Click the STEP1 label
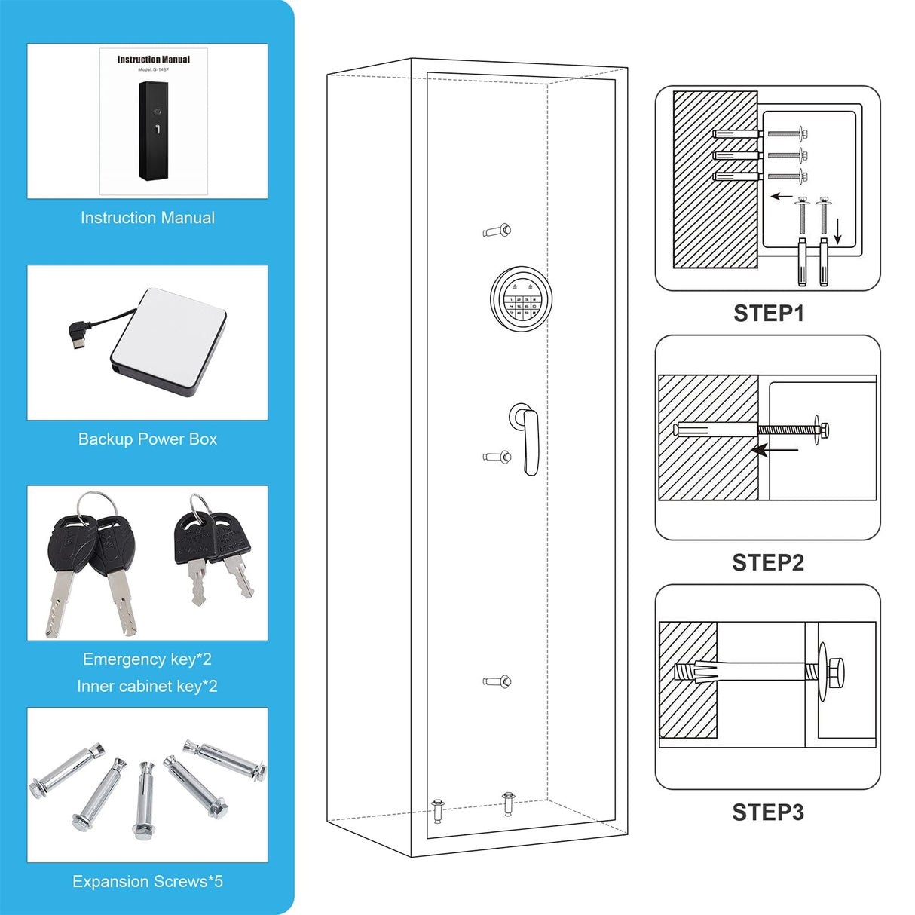click(x=768, y=313)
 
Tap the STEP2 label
click(x=768, y=562)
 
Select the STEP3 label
click(x=768, y=812)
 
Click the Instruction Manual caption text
click(x=148, y=218)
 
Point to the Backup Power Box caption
click(x=148, y=439)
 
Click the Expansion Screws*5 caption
click(x=148, y=881)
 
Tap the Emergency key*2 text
click(x=148, y=659)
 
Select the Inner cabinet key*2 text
click(x=148, y=686)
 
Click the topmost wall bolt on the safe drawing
click(x=497, y=230)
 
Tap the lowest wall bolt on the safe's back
click(x=497, y=681)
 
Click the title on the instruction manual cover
click(x=154, y=60)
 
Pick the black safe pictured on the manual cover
click(x=153, y=130)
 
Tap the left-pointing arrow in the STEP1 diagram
click(x=781, y=197)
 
